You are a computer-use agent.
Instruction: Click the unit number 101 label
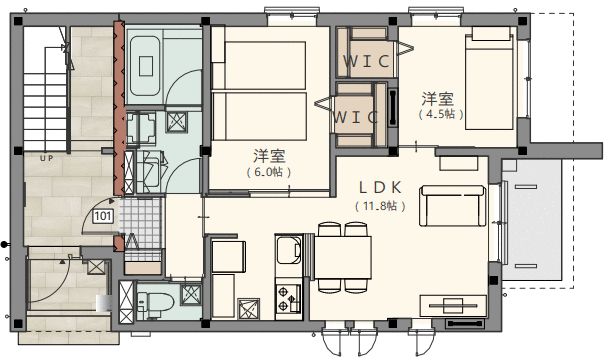tap(103, 216)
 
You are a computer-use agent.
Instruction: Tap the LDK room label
tap(380, 188)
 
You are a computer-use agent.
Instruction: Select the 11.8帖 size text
tap(380, 206)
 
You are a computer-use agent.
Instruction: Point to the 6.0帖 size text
tap(269, 172)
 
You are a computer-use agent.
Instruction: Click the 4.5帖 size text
tap(441, 114)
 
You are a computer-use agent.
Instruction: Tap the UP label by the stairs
tap(46, 158)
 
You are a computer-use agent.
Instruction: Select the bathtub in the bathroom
tap(146, 66)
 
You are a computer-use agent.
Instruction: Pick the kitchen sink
tap(288, 250)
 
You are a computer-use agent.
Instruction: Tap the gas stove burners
tap(288, 298)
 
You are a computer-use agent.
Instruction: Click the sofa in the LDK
tap(452, 205)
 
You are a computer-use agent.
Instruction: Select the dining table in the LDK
tap(343, 257)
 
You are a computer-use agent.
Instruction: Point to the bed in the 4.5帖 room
tap(490, 78)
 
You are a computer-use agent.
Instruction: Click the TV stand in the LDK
tap(453, 306)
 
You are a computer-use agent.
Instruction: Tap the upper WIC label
tap(366, 61)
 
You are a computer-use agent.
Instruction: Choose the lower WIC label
tap(355, 117)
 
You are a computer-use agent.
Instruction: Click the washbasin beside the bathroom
tap(142, 128)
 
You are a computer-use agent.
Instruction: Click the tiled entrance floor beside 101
tap(141, 223)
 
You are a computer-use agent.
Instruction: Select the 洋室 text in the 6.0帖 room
tap(270, 156)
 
